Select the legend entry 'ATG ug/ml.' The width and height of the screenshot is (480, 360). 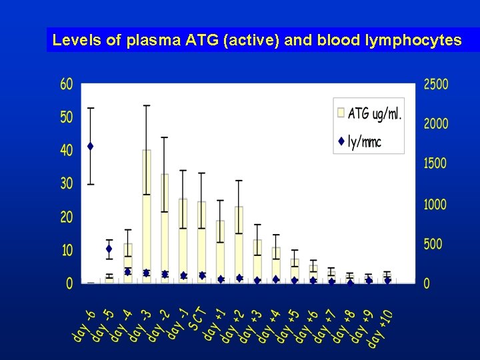pyautogui.click(x=374, y=113)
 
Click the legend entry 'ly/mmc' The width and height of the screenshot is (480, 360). pyautogui.click(x=364, y=141)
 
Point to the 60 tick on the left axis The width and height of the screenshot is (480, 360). pyautogui.click(x=67, y=84)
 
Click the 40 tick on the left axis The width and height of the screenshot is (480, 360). pyautogui.click(x=67, y=151)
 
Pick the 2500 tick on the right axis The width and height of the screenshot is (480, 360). pyautogui.click(x=436, y=84)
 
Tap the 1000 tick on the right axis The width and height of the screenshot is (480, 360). pyautogui.click(x=436, y=204)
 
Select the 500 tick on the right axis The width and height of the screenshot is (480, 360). pyautogui.click(x=433, y=244)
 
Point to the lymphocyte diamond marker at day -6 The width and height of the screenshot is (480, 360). pyautogui.click(x=90, y=146)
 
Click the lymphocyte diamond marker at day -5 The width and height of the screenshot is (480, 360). pyautogui.click(x=109, y=249)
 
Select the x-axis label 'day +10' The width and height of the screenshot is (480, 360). pyautogui.click(x=380, y=328)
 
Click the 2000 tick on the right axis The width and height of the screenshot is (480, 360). pyautogui.click(x=436, y=124)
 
